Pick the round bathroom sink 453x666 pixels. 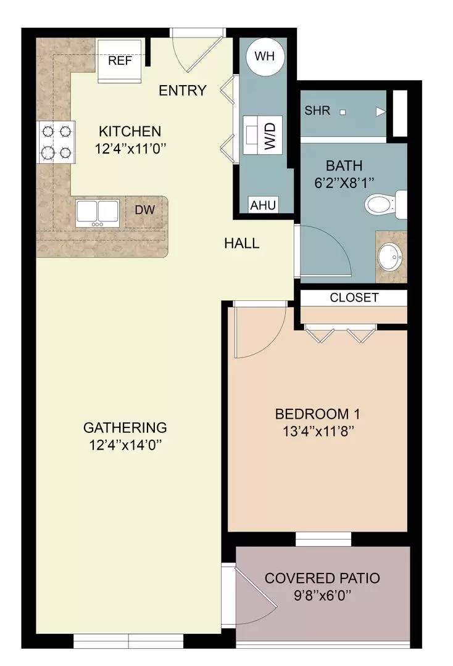390,257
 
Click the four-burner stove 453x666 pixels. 56,141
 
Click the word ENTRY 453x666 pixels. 182,91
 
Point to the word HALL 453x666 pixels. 241,243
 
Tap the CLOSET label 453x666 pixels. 354,297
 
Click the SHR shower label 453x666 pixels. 317,111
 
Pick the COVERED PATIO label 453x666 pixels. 322,578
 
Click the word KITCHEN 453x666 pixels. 130,131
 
